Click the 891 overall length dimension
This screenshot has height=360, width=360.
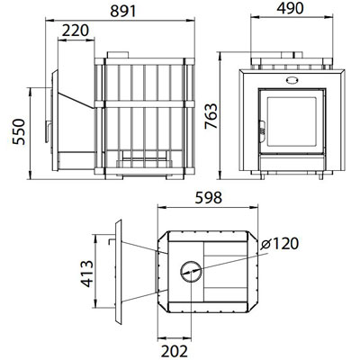point(123,12)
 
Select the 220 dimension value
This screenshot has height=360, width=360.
point(76,31)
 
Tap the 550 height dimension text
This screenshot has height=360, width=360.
point(19,132)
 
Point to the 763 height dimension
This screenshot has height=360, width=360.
point(211,116)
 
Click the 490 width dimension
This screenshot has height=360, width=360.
point(290,8)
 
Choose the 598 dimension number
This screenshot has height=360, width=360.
point(209,198)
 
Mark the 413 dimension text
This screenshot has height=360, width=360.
point(87,274)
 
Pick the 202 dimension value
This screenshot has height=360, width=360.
point(175,351)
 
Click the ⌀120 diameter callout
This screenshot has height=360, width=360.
point(280,244)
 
